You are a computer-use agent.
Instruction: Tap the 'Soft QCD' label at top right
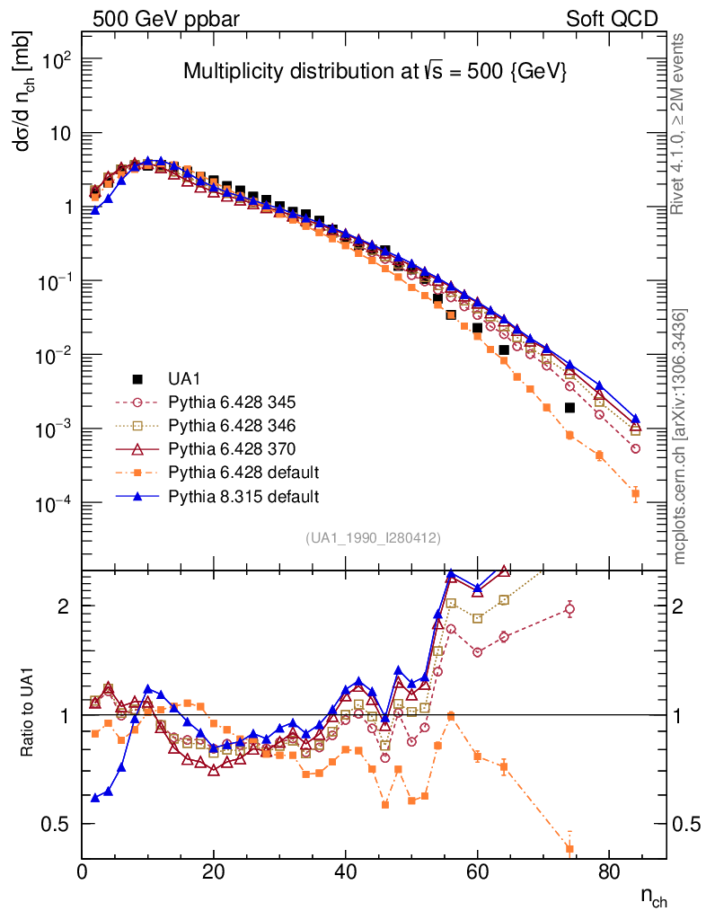[x=611, y=18]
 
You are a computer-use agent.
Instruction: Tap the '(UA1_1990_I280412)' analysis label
[x=373, y=538]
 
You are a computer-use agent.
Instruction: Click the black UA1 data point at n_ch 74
[x=569, y=407]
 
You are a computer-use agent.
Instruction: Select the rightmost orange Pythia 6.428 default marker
[x=635, y=493]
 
